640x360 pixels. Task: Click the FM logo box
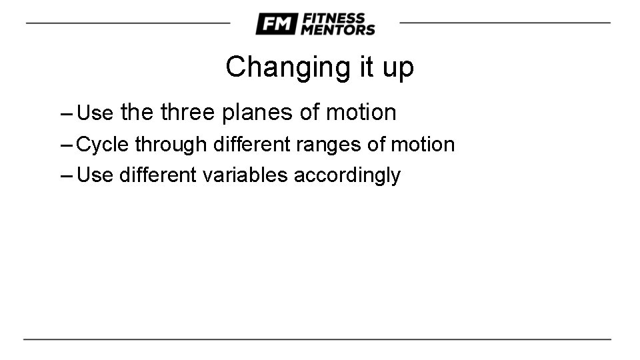pos(276,24)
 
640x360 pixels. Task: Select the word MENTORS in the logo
pos(338,30)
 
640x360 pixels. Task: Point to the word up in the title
pos(397,67)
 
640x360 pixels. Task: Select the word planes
pos(258,112)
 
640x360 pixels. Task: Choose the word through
pos(171,144)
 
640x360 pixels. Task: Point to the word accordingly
pos(347,175)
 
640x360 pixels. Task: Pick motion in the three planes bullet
pos(361,112)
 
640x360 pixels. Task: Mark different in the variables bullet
pos(159,175)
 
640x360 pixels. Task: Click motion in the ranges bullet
pos(423,144)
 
